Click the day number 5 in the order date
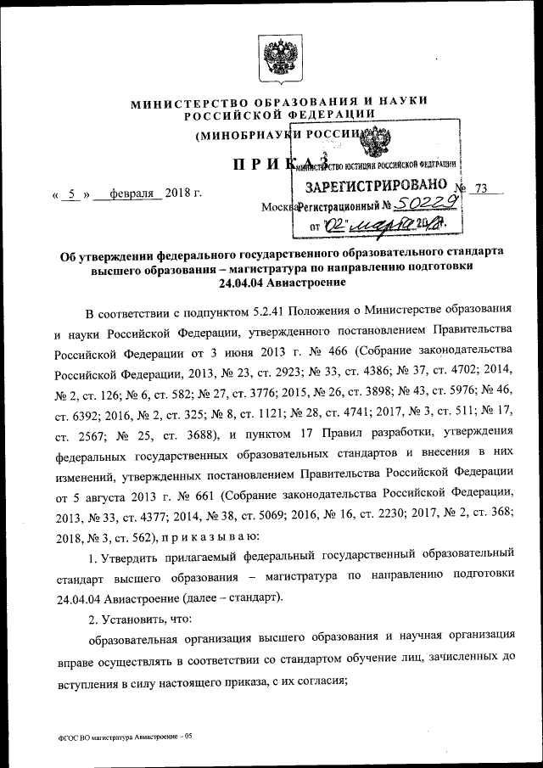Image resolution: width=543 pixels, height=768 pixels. coord(74,194)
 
